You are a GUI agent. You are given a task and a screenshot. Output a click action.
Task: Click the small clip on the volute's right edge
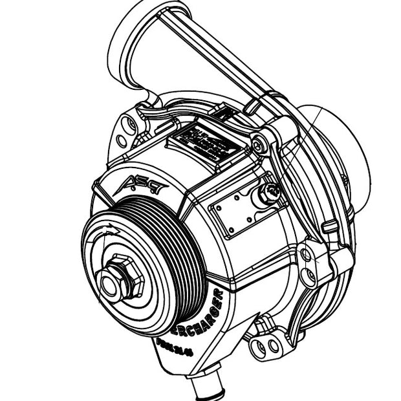[330, 227]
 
